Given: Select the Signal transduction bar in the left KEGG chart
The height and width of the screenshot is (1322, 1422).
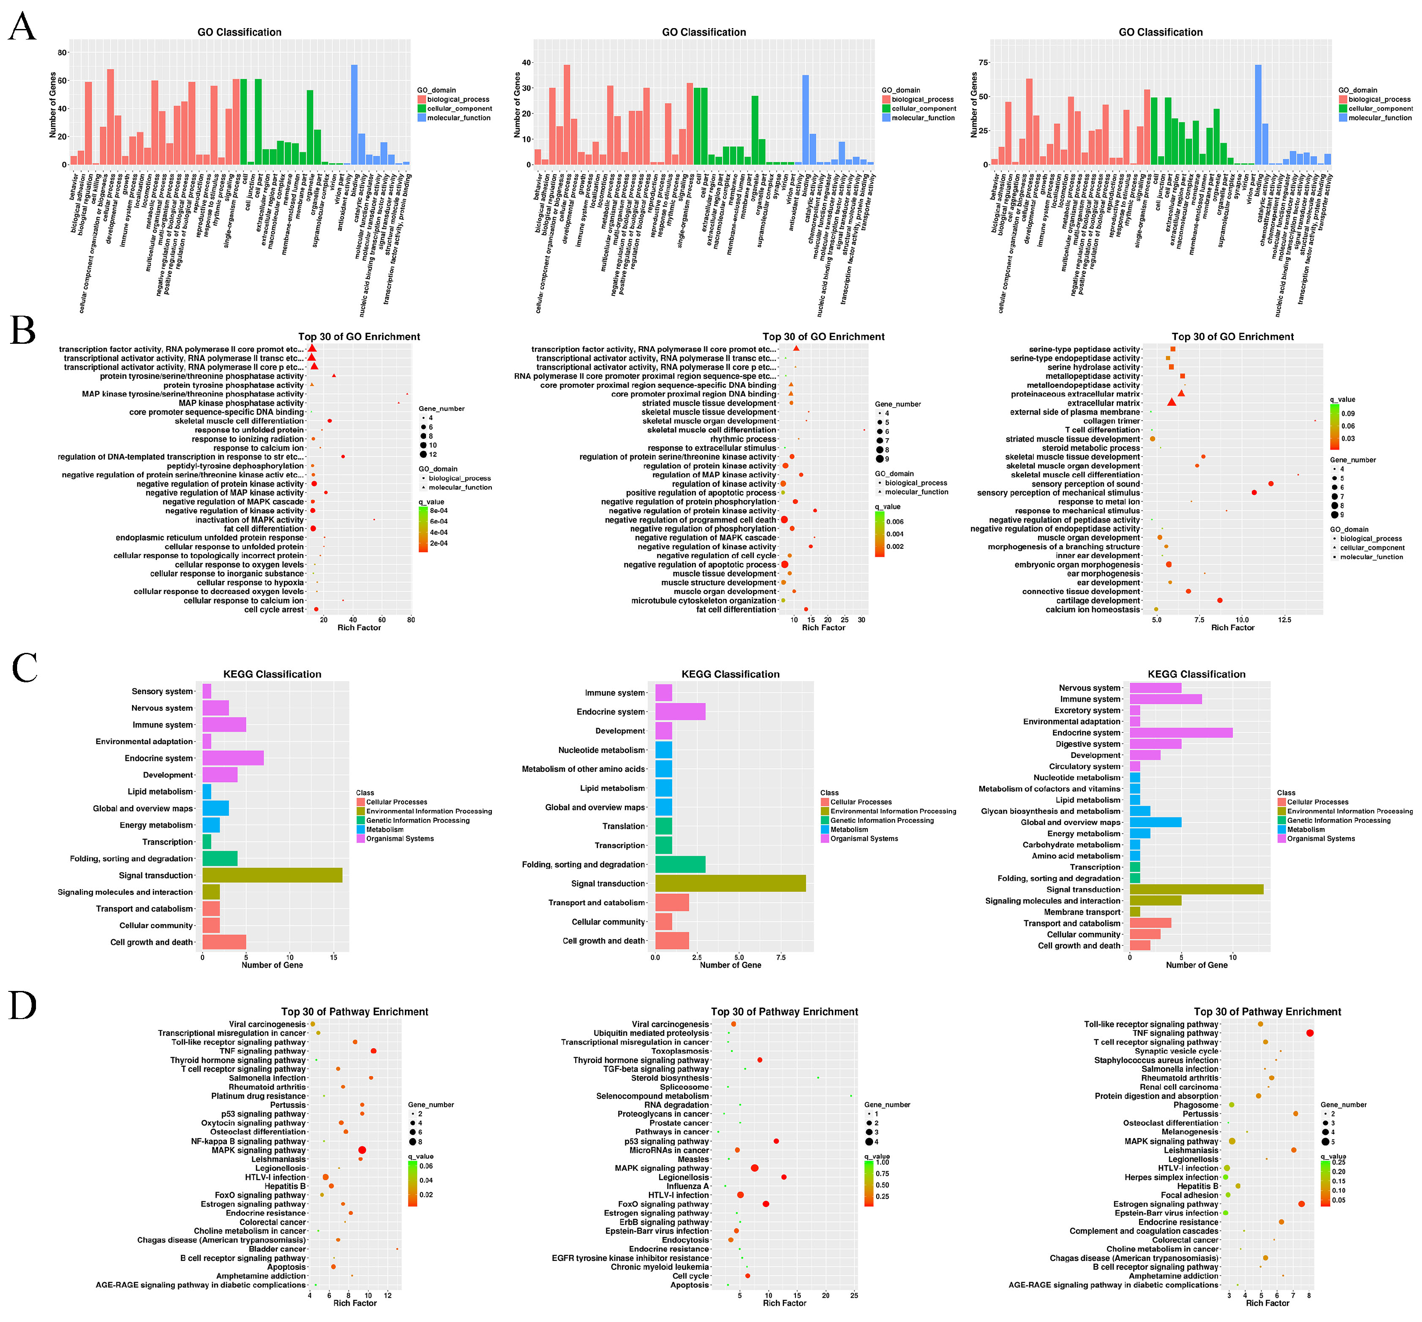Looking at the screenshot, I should point(272,875).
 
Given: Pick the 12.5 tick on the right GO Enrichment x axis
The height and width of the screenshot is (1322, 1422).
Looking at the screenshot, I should point(1284,620).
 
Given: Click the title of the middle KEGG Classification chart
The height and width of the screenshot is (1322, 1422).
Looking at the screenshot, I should point(730,674).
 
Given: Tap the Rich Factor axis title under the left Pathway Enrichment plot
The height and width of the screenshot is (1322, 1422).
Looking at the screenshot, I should point(355,1303).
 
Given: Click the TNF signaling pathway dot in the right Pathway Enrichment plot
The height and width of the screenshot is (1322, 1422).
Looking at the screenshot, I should point(1309,1033).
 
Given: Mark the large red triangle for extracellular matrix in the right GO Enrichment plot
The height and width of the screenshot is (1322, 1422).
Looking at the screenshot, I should point(1171,403).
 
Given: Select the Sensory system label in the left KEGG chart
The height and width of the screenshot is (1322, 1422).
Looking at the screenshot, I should point(162,691).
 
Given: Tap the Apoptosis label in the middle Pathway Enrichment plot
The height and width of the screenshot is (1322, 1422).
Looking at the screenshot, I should point(689,1285).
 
